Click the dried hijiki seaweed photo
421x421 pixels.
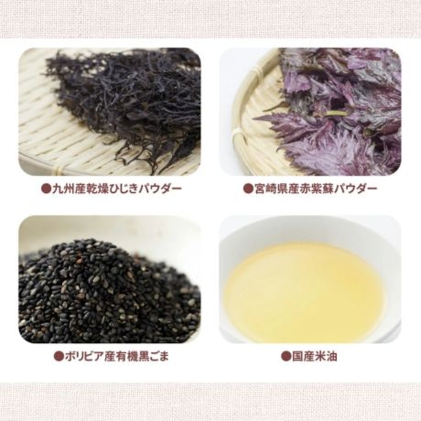pos(109,112)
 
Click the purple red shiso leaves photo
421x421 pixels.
pos(310,112)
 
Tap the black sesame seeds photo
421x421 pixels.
pos(109,279)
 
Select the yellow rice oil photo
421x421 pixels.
pos(310,279)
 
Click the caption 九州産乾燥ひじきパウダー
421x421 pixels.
pos(111,189)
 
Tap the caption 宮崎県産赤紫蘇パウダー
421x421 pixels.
pos(310,189)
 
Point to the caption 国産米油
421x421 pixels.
pos(309,356)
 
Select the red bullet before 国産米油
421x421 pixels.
pos(286,357)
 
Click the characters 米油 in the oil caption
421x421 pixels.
pos(326,356)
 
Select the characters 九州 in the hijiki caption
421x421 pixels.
pos(63,189)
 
